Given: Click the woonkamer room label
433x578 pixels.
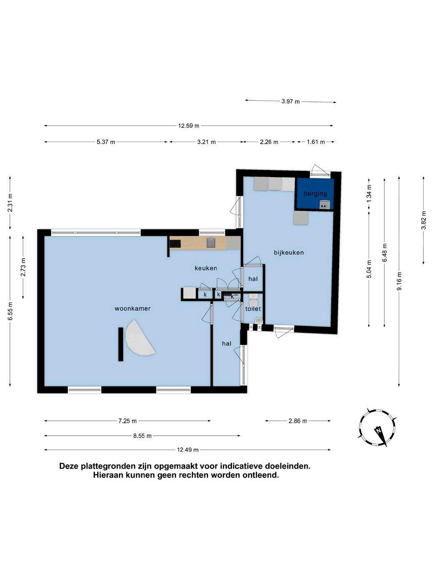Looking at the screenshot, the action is [x=133, y=309].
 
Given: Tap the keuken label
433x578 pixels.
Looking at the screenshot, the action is [x=206, y=268].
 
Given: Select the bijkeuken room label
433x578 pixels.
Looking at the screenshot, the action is [x=289, y=253].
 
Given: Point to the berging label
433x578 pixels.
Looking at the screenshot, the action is [x=315, y=194].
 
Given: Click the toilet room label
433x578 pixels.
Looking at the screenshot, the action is [x=253, y=309].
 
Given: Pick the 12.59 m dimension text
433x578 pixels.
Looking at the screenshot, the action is [x=189, y=126].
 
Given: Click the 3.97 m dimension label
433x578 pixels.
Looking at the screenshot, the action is [x=290, y=101].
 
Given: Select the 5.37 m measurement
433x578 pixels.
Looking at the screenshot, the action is [x=106, y=142].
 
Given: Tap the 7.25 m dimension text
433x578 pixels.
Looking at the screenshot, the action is [x=127, y=421].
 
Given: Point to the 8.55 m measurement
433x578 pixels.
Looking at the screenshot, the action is [x=142, y=436].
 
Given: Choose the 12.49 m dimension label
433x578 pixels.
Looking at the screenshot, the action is [x=188, y=450].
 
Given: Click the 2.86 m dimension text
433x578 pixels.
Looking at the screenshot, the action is [x=297, y=421].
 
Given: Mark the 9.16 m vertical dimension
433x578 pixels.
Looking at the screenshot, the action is [x=399, y=281].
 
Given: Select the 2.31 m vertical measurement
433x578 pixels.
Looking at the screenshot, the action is [x=10, y=203].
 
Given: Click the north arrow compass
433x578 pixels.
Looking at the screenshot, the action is [x=378, y=428].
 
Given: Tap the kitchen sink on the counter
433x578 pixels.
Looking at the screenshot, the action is [x=211, y=243].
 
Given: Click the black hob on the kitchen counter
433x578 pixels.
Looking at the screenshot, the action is [x=175, y=243].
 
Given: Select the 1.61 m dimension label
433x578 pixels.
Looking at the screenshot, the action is [x=316, y=142].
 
